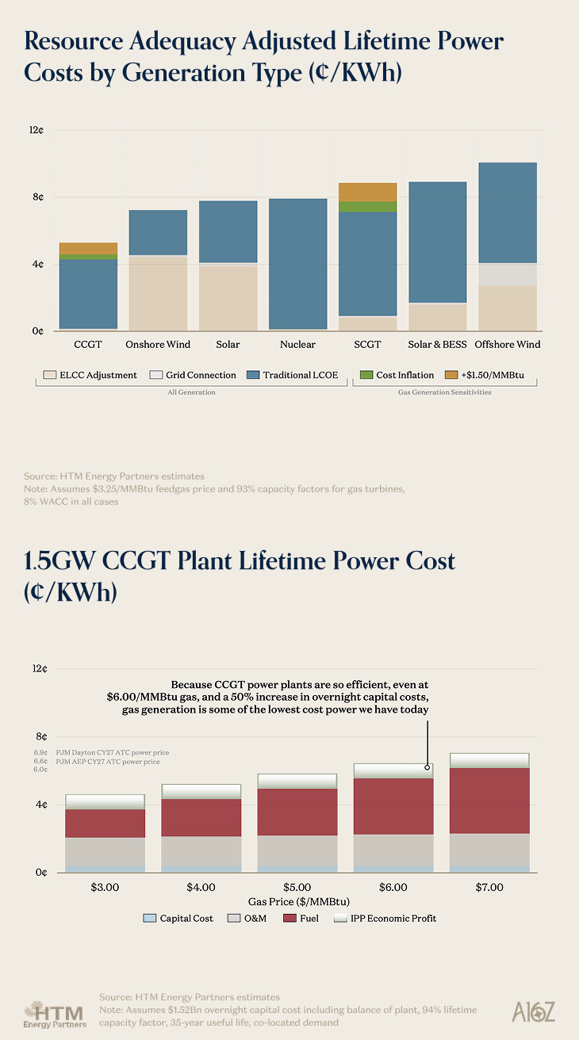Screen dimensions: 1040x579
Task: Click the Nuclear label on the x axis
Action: pyautogui.click(x=297, y=345)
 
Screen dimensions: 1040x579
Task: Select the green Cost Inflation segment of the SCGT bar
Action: pyautogui.click(x=367, y=207)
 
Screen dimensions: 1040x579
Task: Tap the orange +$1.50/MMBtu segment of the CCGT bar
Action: pyautogui.click(x=88, y=248)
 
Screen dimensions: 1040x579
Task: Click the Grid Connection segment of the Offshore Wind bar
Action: pyautogui.click(x=505, y=274)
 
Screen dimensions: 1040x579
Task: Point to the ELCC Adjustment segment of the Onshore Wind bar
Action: pyautogui.click(x=158, y=292)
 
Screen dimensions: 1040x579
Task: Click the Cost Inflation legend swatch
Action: pyautogui.click(x=366, y=375)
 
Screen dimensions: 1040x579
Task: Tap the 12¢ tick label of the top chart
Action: pyautogui.click(x=36, y=130)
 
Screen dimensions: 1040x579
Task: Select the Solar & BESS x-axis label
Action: pyautogui.click(x=436, y=345)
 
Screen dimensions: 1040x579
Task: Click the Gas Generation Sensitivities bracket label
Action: pyautogui.click(x=444, y=392)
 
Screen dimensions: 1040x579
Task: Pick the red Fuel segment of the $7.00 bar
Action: pyautogui.click(x=489, y=801)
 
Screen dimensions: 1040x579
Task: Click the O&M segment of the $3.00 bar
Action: pyautogui.click(x=105, y=851)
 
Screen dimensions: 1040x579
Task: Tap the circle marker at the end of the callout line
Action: pyautogui.click(x=427, y=767)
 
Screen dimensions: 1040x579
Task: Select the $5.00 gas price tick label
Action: pyautogui.click(x=297, y=887)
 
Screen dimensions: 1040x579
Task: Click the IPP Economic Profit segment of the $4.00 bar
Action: pyautogui.click(x=201, y=791)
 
